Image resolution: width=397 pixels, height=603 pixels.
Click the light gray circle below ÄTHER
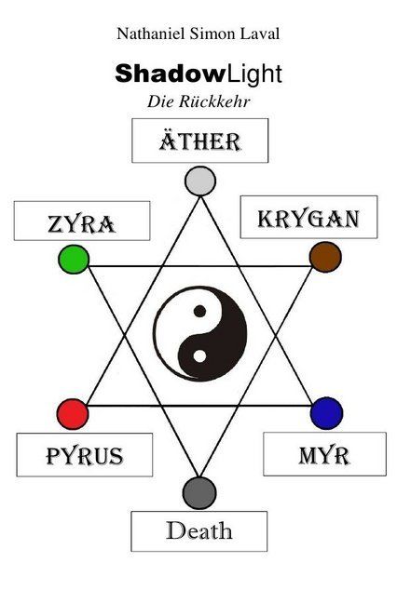coord(199,181)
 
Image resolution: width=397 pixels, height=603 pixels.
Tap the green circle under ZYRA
coord(74,260)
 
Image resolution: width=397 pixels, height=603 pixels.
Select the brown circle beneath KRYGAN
coord(325,257)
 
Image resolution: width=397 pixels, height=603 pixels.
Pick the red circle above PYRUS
coord(73,414)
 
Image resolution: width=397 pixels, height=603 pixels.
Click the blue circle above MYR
coord(326,413)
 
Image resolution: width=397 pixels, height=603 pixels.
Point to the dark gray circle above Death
coord(199,493)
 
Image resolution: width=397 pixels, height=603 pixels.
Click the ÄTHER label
coord(199,141)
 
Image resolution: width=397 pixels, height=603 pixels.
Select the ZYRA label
coord(81,224)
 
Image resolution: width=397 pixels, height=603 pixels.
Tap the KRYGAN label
coord(308,219)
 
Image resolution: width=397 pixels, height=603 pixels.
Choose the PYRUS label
coord(84,456)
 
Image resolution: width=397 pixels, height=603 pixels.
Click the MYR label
coord(324,456)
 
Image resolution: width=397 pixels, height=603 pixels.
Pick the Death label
coord(199,530)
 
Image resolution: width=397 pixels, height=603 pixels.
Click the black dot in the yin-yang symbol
coord(199,311)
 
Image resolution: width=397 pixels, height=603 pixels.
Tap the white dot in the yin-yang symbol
coord(199,356)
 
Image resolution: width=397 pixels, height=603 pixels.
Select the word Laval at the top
coord(260,33)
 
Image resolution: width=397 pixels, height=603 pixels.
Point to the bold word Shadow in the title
coord(170,74)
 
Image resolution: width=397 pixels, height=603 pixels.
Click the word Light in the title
coord(254,74)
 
